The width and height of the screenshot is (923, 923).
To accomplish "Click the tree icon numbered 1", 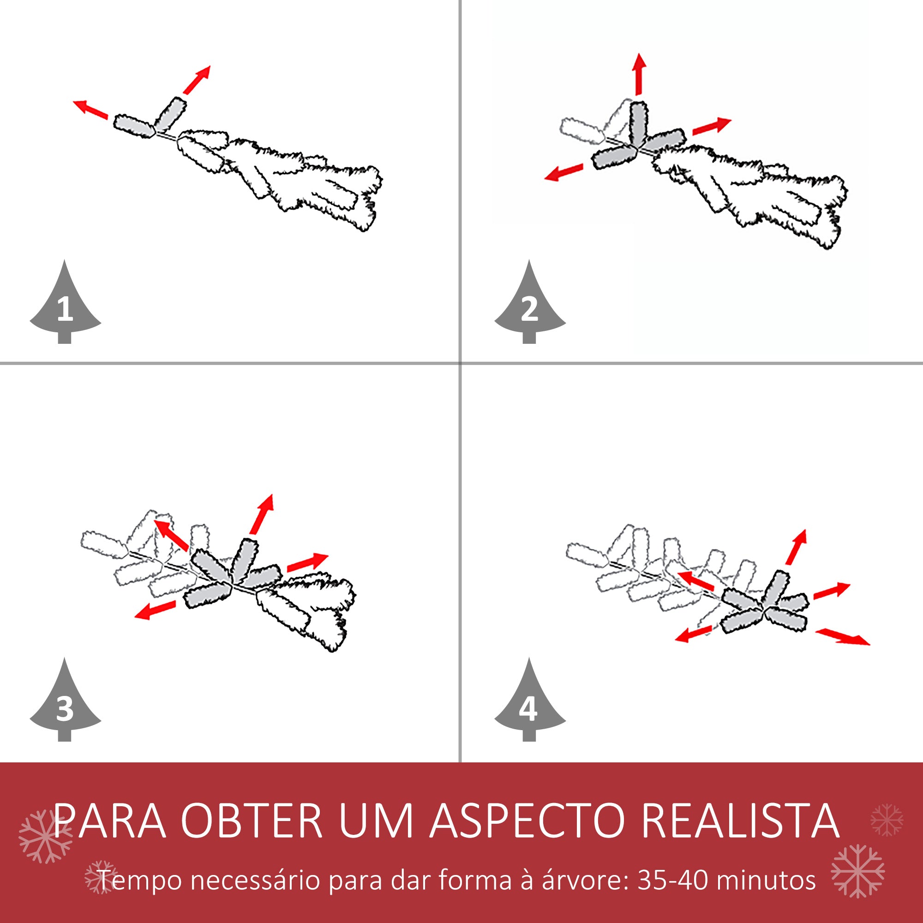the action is click(x=65, y=306).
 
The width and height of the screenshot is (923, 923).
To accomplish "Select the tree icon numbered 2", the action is click(x=529, y=306).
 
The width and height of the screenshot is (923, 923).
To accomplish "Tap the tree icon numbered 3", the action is click(x=65, y=703).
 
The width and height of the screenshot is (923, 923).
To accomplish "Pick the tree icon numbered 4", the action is click(x=529, y=703).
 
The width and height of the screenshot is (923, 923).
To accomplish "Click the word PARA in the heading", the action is click(x=110, y=820).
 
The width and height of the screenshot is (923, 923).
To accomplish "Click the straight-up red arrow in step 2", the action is click(x=639, y=74).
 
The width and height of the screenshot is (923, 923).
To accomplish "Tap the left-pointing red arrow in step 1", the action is click(x=90, y=109).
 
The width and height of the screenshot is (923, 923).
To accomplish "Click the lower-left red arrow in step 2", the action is click(x=564, y=172).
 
